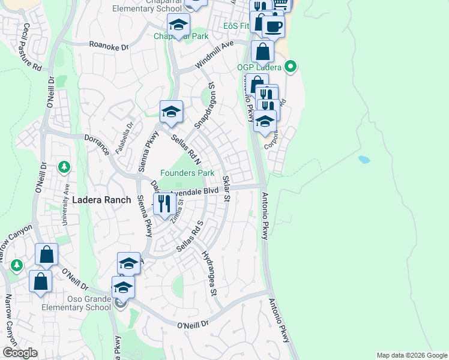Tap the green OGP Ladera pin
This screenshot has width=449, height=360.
click(x=291, y=67)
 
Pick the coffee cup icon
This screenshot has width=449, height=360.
click(x=273, y=27)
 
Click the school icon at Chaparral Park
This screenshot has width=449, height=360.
click(x=178, y=26)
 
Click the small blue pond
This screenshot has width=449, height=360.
click(x=363, y=160)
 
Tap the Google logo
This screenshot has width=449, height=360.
click(x=20, y=353)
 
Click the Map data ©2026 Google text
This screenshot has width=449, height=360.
click(x=411, y=355)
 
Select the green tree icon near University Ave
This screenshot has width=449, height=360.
click(x=65, y=166)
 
